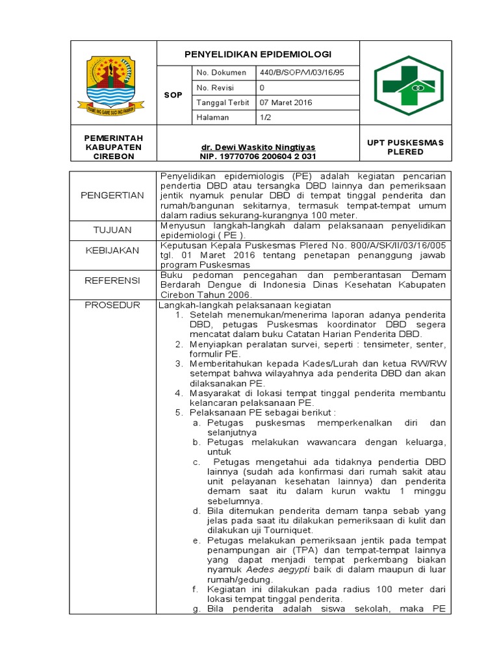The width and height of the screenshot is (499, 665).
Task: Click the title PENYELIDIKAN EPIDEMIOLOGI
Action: click(x=258, y=53)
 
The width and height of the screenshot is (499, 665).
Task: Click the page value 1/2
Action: click(x=265, y=117)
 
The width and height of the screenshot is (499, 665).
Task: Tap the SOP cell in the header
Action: click(x=173, y=95)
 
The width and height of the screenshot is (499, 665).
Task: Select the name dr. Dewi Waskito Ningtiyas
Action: click(x=258, y=147)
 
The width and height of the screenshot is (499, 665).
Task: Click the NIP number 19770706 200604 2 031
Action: click(x=259, y=157)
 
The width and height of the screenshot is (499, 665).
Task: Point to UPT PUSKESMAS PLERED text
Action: click(x=405, y=147)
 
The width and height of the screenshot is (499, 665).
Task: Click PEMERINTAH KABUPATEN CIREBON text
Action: click(x=113, y=147)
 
